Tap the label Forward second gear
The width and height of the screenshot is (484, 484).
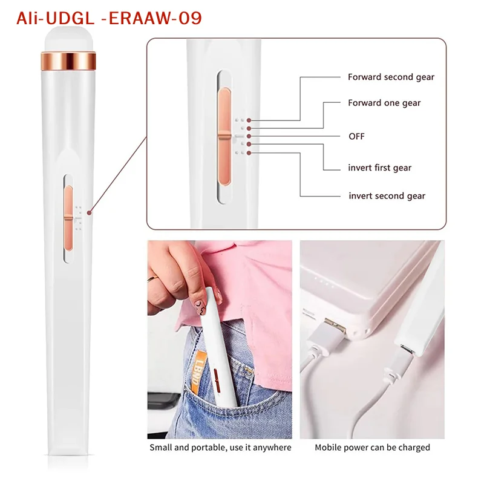pyautogui.click(x=391, y=77)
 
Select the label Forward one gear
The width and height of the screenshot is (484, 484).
pyautogui.click(x=384, y=103)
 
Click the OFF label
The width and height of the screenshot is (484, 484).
pyautogui.click(x=357, y=136)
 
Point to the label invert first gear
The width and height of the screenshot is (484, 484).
pyautogui.click(x=379, y=168)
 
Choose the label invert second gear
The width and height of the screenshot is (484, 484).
pyautogui.click(x=387, y=195)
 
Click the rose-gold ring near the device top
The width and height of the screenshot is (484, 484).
pyautogui.click(x=70, y=60)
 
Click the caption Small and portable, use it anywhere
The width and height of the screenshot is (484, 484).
pyautogui.click(x=220, y=448)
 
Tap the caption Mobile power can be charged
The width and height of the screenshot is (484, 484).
pyautogui.click(x=372, y=448)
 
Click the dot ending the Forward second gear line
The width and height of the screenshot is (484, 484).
pyautogui.click(x=249, y=121)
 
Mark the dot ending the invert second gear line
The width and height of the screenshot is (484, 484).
pyautogui.click(x=249, y=152)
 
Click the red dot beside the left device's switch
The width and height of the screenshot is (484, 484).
pyautogui.click(x=89, y=212)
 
